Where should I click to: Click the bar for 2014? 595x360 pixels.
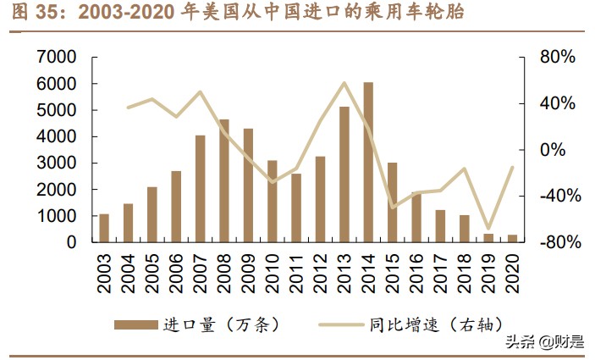coord(368,162)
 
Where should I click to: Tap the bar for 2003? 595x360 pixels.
coord(104,228)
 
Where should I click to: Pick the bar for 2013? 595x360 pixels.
coord(344,174)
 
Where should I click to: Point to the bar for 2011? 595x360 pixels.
coord(296,208)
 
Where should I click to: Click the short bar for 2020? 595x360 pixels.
coord(512,238)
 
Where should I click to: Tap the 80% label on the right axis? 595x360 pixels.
coord(558,57)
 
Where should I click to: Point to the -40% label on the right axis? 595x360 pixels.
coord(558,196)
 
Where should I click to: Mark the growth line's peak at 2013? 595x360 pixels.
coord(344,83)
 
